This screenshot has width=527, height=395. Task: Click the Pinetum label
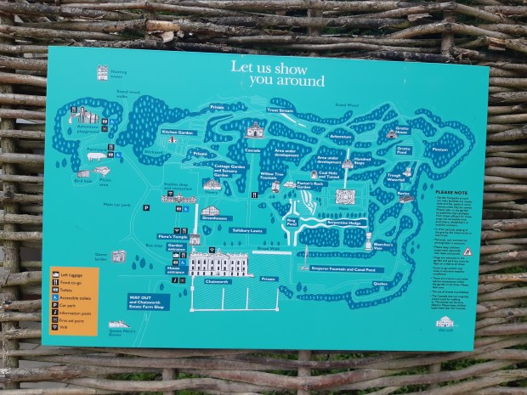tap(439, 150)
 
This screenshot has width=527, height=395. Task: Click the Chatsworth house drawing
tap(218, 263)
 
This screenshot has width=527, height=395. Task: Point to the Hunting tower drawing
tap(103, 73)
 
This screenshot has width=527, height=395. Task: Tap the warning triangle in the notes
tap(467, 251)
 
